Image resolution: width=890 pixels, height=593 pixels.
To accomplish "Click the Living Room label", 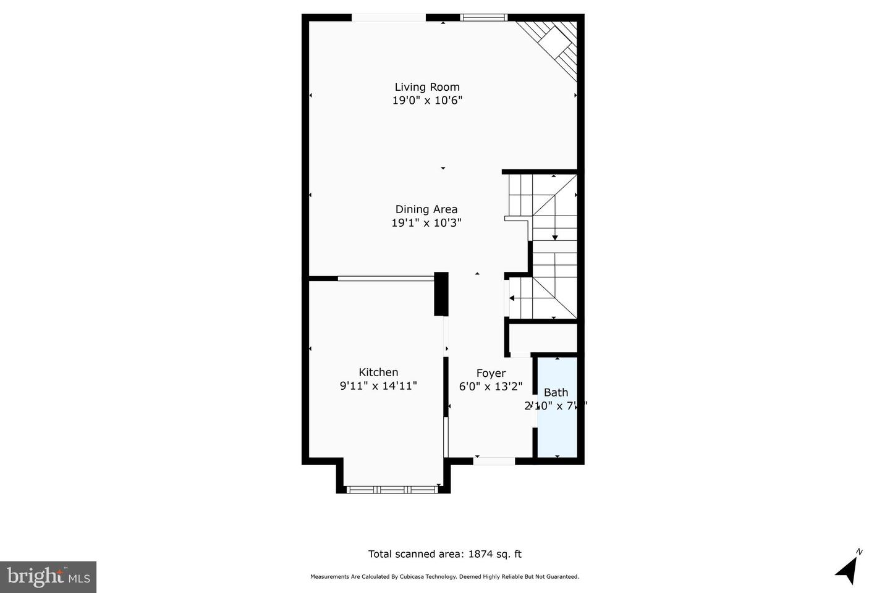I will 427,87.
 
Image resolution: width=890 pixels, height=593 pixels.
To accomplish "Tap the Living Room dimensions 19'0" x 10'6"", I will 427,101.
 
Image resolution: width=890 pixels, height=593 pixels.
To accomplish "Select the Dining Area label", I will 426,209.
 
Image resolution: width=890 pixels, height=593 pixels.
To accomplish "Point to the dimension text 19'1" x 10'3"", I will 426,223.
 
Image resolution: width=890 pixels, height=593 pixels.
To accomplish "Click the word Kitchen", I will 378,372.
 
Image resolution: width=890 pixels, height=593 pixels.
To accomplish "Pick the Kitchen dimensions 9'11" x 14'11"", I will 378,386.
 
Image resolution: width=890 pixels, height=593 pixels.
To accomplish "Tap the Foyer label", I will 491,373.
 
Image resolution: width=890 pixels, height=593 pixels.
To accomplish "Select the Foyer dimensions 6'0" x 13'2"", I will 491,387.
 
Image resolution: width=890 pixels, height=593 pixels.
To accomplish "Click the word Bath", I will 556,392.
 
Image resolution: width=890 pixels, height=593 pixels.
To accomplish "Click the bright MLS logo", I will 48,577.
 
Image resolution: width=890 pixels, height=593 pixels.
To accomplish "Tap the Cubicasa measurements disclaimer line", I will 444,577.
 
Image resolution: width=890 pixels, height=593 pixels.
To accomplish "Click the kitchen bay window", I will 392,489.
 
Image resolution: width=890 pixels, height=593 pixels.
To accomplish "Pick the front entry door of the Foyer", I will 494,460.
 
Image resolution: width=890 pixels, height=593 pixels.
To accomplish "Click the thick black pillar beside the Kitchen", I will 441,294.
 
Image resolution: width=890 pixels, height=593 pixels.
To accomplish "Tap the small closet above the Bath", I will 542,339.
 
